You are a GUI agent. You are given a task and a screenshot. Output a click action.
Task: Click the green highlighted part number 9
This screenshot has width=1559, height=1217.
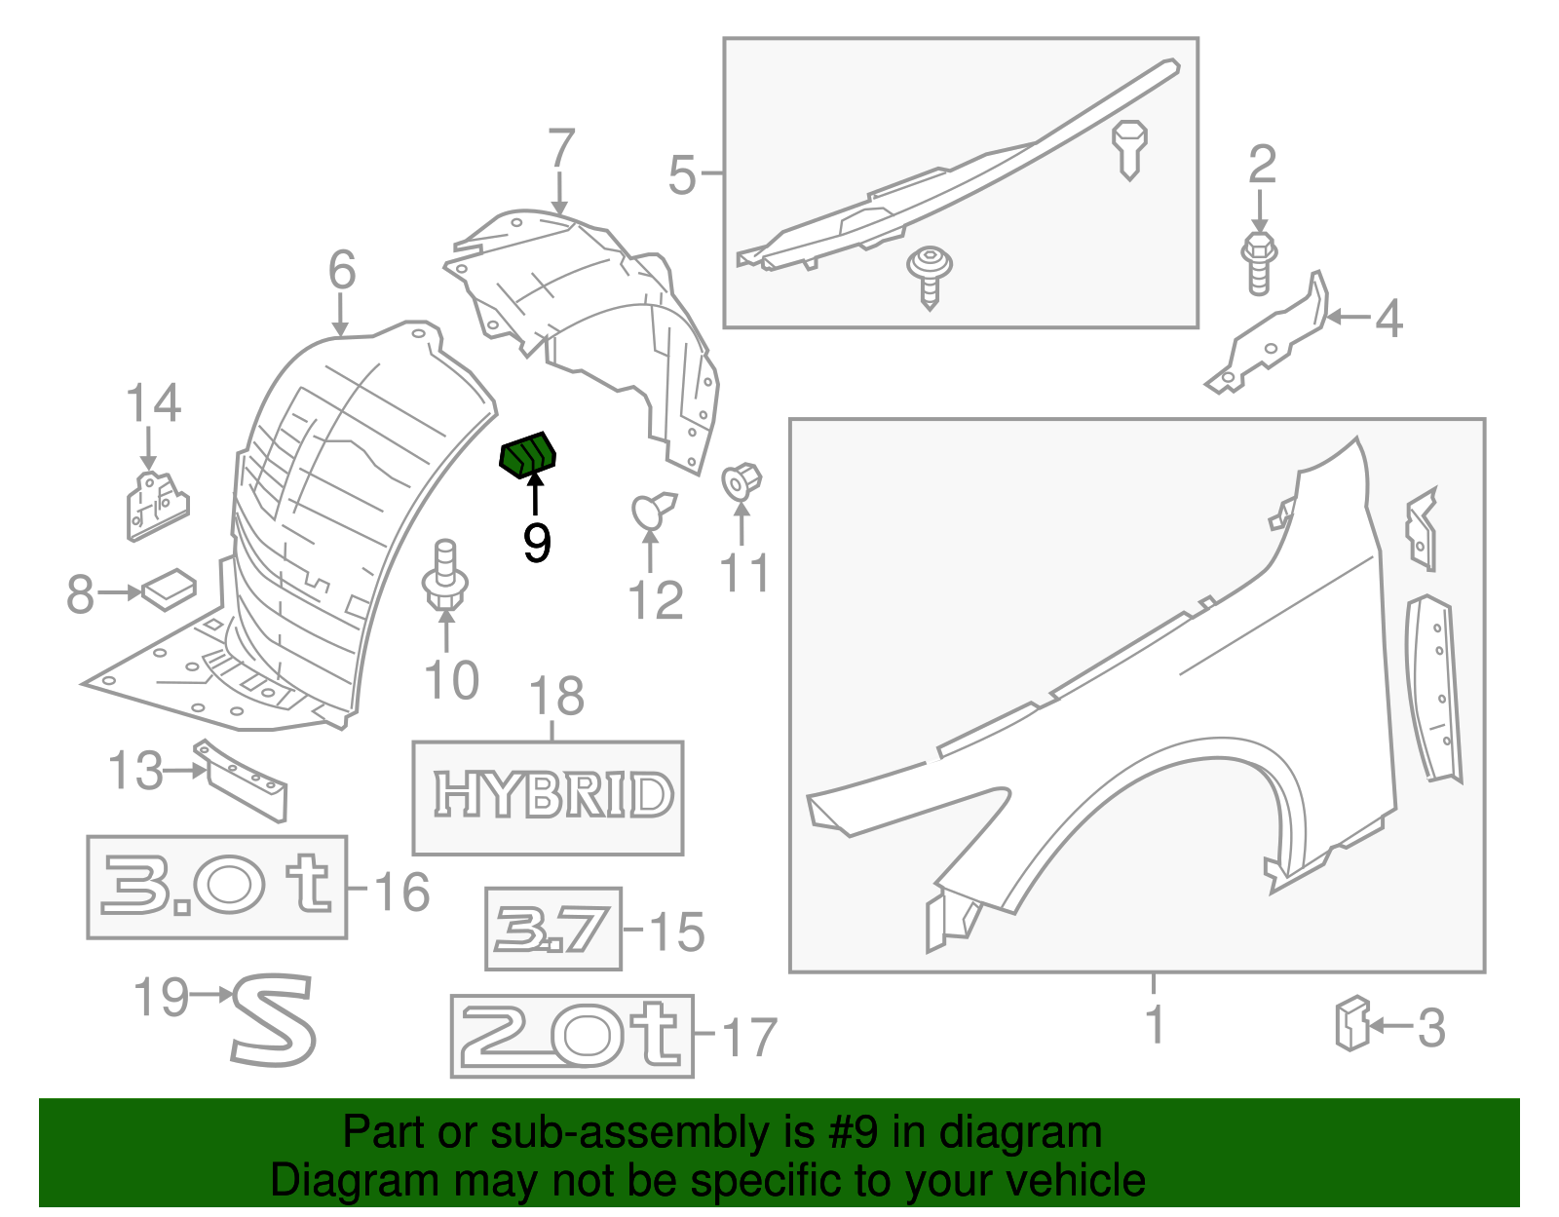[x=527, y=455]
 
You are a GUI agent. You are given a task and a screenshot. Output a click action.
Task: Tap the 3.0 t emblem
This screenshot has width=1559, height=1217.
[x=216, y=886]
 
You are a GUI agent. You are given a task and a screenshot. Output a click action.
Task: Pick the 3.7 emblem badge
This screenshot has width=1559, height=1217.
[x=552, y=929]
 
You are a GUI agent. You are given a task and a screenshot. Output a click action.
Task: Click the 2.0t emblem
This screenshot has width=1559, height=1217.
[x=572, y=1035]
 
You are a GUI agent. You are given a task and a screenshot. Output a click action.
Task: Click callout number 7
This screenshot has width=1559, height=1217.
[x=560, y=151]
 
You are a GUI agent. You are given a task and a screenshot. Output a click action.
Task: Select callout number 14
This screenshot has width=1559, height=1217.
[x=154, y=402]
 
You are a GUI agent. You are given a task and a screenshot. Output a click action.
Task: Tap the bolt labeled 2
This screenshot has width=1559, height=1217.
[x=1259, y=260]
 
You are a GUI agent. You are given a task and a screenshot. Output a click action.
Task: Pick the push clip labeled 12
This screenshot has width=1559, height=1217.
[x=652, y=511]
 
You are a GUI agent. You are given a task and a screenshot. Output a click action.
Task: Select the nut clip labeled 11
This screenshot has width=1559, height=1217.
[x=741, y=480]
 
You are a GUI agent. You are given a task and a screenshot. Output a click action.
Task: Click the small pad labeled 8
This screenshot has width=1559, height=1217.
[x=170, y=589]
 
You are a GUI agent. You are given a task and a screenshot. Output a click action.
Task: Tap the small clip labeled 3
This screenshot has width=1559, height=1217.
[x=1351, y=1023]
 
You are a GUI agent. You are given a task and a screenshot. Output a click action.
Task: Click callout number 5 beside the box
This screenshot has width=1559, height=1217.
[x=683, y=175]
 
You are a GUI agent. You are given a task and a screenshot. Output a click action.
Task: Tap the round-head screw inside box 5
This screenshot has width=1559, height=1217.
[x=929, y=273]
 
